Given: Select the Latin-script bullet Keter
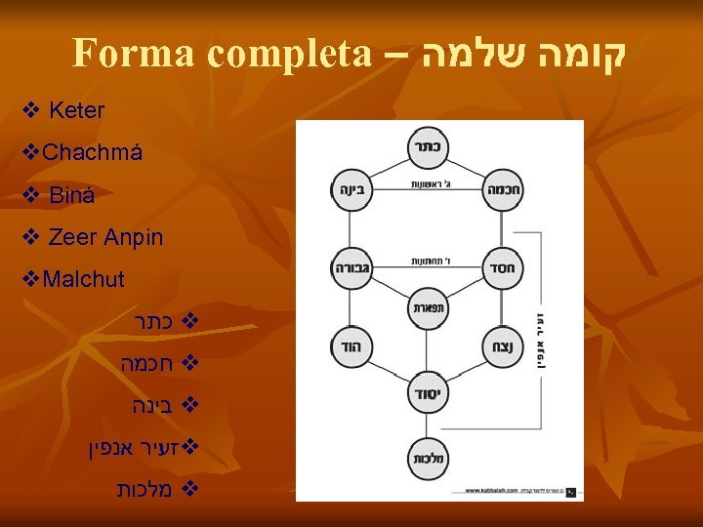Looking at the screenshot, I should pyautogui.click(x=75, y=110).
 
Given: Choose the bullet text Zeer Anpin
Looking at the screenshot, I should pyautogui.click(x=105, y=237).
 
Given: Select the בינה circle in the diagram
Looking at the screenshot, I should pyautogui.click(x=350, y=189).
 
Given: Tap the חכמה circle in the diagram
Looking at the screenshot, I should pyautogui.click(x=504, y=189).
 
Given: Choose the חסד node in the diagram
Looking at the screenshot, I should pyautogui.click(x=504, y=266).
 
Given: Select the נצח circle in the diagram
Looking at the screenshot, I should pyautogui.click(x=504, y=345).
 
